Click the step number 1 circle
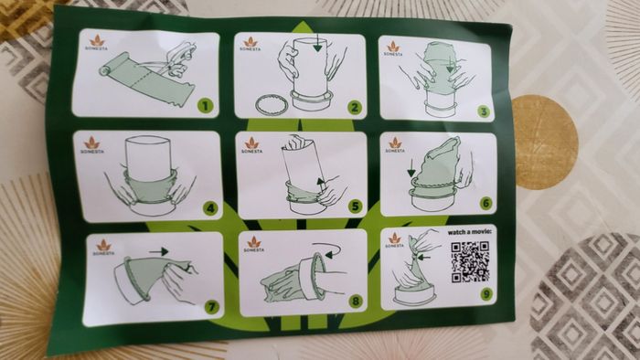206,106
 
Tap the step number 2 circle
355,108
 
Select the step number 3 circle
484,111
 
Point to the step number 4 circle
210,208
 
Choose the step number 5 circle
356,206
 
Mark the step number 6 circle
485,203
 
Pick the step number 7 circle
211,307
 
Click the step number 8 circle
356,302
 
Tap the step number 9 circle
486,293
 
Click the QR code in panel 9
470,261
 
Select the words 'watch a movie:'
469,232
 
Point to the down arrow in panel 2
317,43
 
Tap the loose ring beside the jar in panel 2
272,105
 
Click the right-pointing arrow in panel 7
159,251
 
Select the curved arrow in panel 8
326,249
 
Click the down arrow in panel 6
411,168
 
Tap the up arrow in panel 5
322,185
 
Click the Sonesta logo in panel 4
91,145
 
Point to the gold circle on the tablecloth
545,142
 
